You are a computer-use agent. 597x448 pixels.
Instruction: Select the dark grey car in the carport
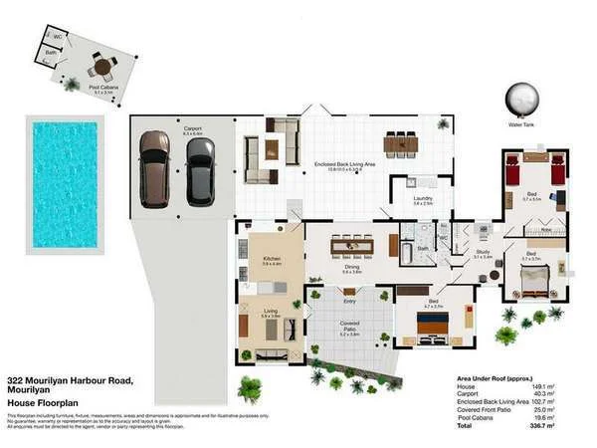[200, 170]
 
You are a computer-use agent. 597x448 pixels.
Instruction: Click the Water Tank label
[522, 125]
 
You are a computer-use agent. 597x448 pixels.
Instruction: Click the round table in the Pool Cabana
[100, 68]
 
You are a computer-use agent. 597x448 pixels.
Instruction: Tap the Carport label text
[192, 128]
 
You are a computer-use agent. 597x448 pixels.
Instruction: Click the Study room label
[482, 253]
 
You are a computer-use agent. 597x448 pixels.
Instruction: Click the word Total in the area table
[465, 425]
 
